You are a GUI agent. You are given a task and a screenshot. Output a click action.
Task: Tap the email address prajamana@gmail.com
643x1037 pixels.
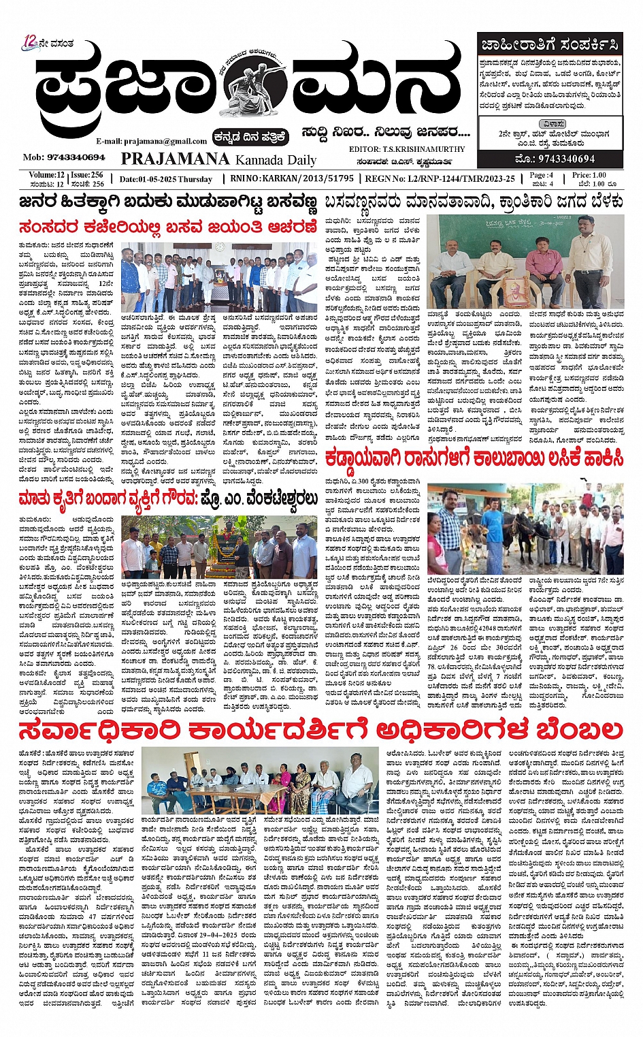click(151, 141)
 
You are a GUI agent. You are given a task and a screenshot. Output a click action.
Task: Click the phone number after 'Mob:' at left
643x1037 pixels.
click(73, 157)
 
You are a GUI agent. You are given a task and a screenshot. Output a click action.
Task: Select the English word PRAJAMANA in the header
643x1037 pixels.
click(175, 159)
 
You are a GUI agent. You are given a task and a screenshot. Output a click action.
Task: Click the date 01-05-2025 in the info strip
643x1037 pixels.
click(165, 179)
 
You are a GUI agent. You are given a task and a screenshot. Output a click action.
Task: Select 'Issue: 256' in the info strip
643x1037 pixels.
click(88, 175)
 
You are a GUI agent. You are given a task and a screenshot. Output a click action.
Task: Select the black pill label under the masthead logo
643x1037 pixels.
click(249, 136)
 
